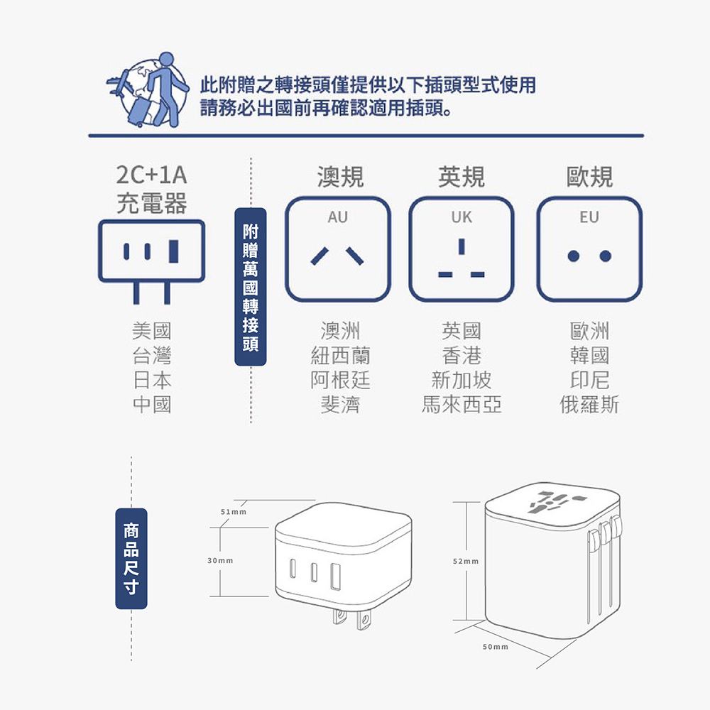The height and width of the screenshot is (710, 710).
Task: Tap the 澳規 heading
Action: [340, 177]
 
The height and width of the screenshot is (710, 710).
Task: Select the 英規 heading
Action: [461, 177]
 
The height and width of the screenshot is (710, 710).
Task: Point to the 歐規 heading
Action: [589, 177]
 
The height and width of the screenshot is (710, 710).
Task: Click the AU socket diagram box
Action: [338, 248]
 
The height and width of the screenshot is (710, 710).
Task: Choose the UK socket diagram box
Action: [461, 248]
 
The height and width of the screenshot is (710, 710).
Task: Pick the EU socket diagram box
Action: [589, 248]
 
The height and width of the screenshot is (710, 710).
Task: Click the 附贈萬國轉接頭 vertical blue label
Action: [251, 287]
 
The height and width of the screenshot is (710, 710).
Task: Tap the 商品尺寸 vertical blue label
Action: [131, 559]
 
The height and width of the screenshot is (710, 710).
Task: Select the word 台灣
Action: [151, 355]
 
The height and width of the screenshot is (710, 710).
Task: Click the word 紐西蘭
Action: [340, 355]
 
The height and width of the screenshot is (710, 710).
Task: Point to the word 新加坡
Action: [461, 380]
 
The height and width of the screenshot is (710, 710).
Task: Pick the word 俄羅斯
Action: [589, 405]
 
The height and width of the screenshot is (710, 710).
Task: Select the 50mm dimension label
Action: [495, 647]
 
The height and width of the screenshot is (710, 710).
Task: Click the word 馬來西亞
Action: [461, 405]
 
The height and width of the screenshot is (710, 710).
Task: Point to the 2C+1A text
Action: [151, 175]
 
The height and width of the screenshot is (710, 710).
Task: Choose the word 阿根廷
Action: [340, 380]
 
